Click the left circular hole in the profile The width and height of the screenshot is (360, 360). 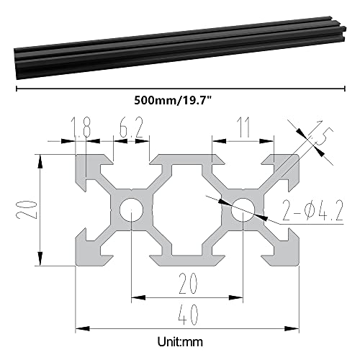(x=131, y=210)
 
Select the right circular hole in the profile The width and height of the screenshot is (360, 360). (x=243, y=210)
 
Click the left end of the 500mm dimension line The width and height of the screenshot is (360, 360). (x=15, y=88)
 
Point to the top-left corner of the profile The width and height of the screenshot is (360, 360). (x=77, y=156)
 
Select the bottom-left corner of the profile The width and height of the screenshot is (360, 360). (x=77, y=264)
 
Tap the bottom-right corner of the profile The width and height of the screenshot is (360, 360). (x=298, y=264)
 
